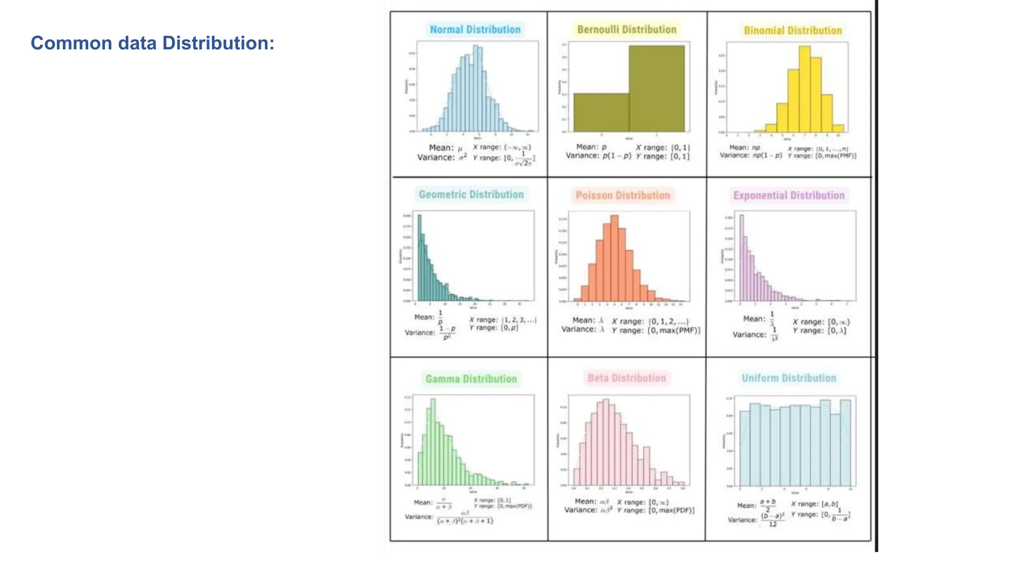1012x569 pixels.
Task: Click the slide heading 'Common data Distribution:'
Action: point(152,43)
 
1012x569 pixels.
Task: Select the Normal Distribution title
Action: point(475,30)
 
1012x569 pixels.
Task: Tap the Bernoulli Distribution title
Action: point(627,30)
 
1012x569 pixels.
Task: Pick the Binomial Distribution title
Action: point(793,31)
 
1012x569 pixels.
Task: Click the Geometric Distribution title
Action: point(471,195)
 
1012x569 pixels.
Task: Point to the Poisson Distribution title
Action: point(623,196)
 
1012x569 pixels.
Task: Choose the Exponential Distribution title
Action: point(789,196)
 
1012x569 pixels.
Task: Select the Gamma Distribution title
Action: point(471,379)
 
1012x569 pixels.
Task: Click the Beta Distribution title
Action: point(627,378)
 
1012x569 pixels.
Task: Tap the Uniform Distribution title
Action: point(789,378)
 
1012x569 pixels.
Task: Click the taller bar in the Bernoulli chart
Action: point(657,89)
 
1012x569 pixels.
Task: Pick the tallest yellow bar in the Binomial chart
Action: point(804,89)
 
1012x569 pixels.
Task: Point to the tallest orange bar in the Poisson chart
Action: point(614,257)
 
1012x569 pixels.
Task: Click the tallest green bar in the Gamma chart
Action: point(433,440)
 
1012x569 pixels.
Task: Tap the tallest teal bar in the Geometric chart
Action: point(420,257)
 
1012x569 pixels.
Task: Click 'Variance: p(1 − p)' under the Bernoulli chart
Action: point(598,156)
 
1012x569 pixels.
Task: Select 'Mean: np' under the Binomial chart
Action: point(744,148)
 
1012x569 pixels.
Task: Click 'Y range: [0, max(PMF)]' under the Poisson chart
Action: point(656,330)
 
